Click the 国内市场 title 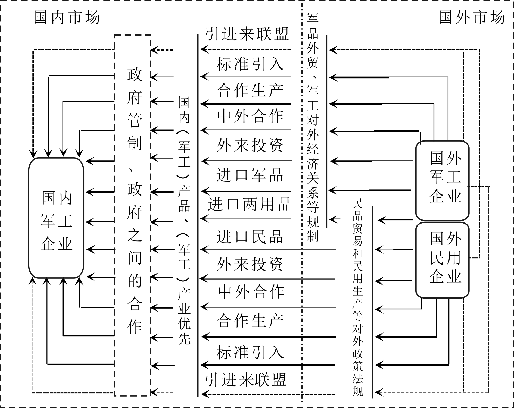pyautogui.click(x=67, y=17)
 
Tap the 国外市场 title pyautogui.click(x=472, y=17)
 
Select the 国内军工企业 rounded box pyautogui.click(x=56, y=218)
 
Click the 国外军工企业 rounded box pyautogui.click(x=442, y=180)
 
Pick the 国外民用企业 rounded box pyautogui.click(x=442, y=260)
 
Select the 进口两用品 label pyautogui.click(x=249, y=204)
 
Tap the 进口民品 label pyautogui.click(x=250, y=236)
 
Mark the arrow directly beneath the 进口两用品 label pyautogui.click(x=246, y=219)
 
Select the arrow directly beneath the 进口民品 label pyautogui.click(x=268, y=249)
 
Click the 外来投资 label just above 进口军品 pyautogui.click(x=250, y=145)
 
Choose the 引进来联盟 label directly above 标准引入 pyautogui.click(x=247, y=34)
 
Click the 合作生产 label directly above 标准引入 pyautogui.click(x=250, y=321)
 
